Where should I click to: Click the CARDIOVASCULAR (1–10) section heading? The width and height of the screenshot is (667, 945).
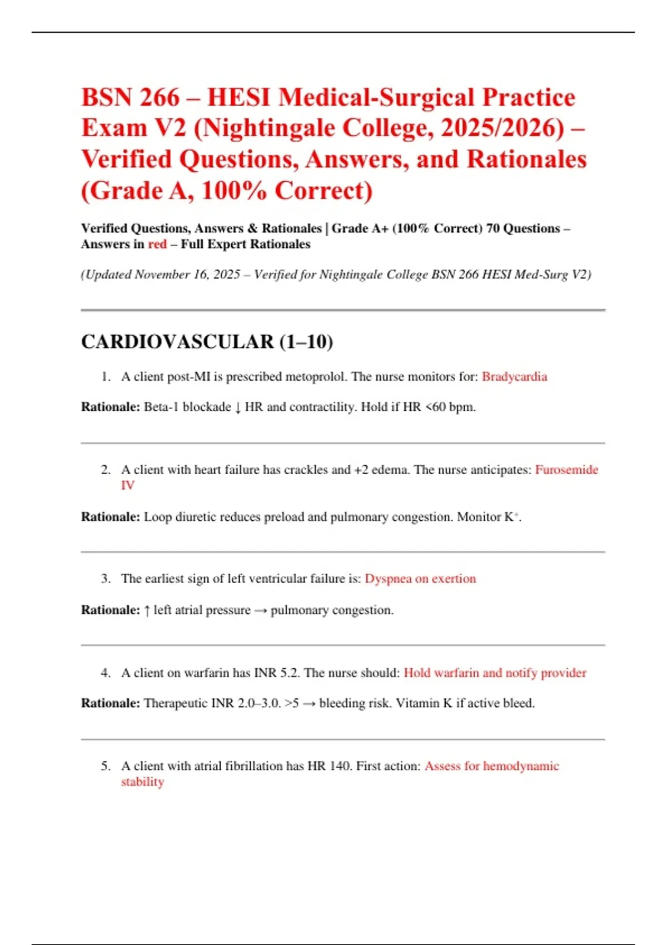(x=207, y=341)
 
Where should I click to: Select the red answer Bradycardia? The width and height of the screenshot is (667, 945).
(x=514, y=377)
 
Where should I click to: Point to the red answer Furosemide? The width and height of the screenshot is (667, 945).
(x=566, y=470)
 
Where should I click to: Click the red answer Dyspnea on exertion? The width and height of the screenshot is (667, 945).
(x=420, y=579)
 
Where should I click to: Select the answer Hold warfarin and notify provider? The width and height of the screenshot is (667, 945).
(x=495, y=673)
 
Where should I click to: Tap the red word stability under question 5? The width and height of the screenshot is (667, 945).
(x=142, y=782)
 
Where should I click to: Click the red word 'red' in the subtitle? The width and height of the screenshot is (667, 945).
(x=157, y=244)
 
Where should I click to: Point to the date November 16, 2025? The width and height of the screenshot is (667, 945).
(x=187, y=275)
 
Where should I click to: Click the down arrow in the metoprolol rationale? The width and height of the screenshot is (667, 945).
(x=238, y=407)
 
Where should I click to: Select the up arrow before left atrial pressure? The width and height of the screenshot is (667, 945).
(x=147, y=610)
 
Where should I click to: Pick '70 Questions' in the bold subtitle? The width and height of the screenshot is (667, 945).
(x=523, y=228)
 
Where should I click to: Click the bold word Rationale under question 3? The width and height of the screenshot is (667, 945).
(x=110, y=610)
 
